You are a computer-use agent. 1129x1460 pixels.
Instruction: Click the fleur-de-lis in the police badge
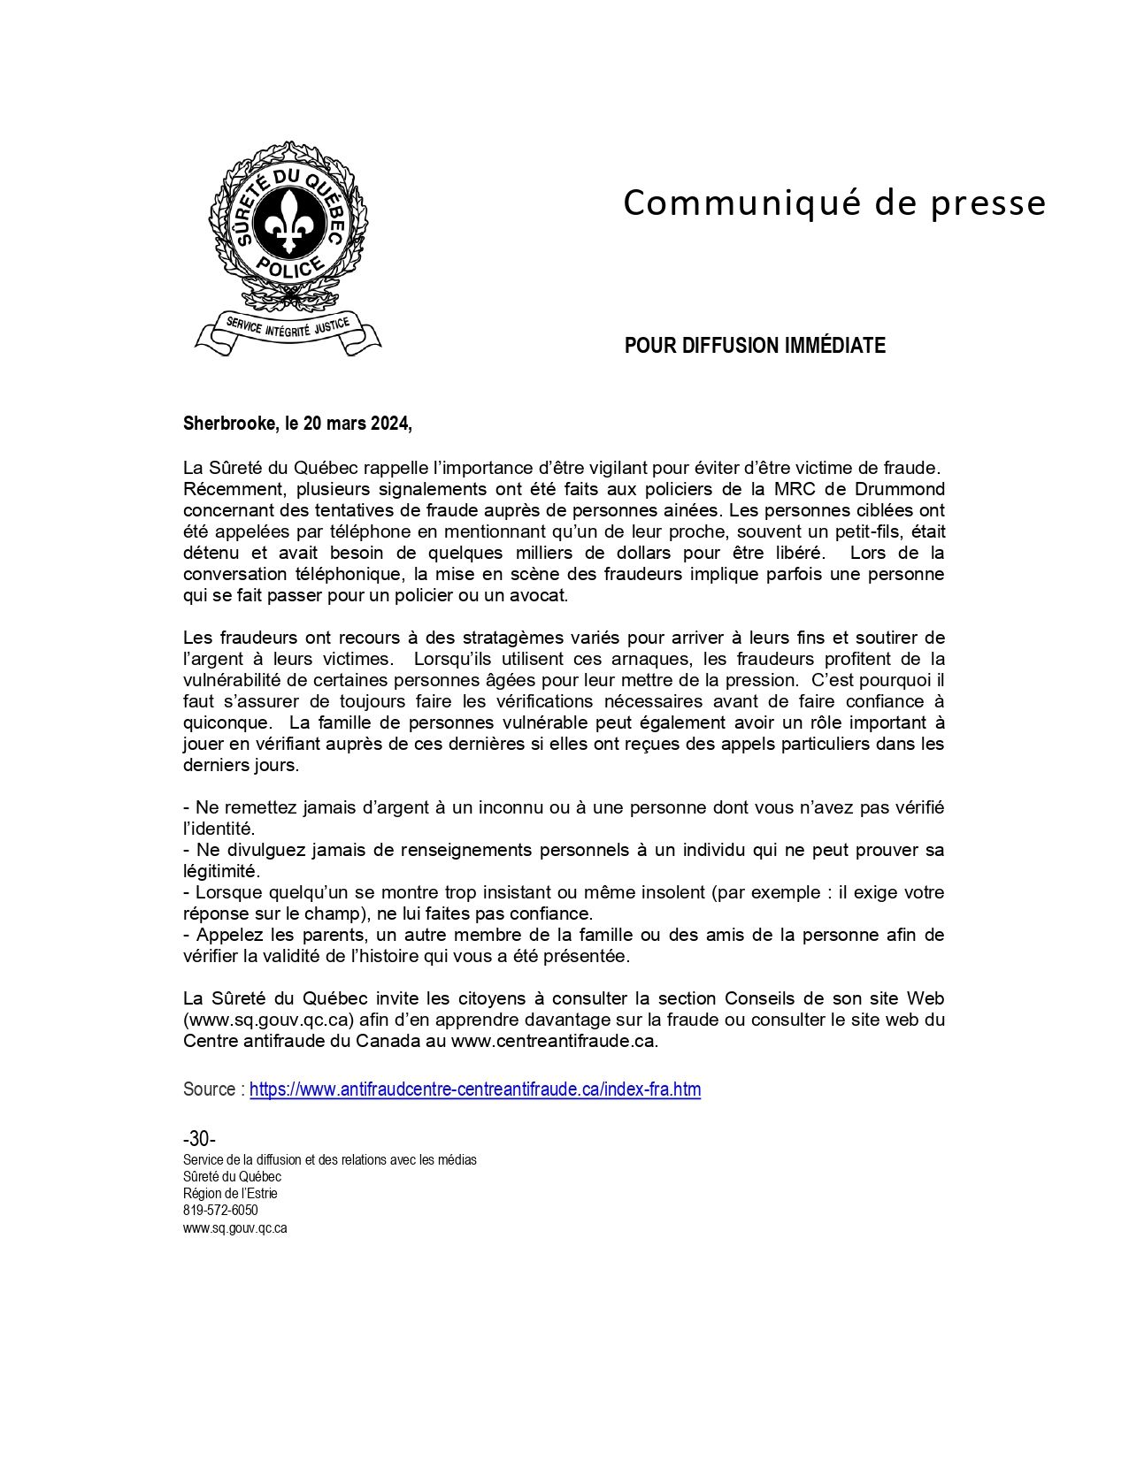pos(288,220)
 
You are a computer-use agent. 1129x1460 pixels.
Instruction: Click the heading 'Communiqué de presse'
pos(834,203)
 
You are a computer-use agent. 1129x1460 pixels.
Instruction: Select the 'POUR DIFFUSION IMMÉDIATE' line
pos(755,346)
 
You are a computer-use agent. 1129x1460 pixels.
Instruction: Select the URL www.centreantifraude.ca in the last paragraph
pos(553,1041)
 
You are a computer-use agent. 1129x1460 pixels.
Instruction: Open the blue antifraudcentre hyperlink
pos(475,1089)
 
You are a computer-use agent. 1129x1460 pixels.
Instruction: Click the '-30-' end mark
pos(199,1139)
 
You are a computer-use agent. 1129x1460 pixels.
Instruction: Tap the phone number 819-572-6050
pos(220,1211)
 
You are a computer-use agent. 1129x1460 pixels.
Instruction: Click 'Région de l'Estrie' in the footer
pos(230,1194)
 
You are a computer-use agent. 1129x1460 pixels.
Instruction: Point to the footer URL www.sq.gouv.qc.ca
pos(234,1228)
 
